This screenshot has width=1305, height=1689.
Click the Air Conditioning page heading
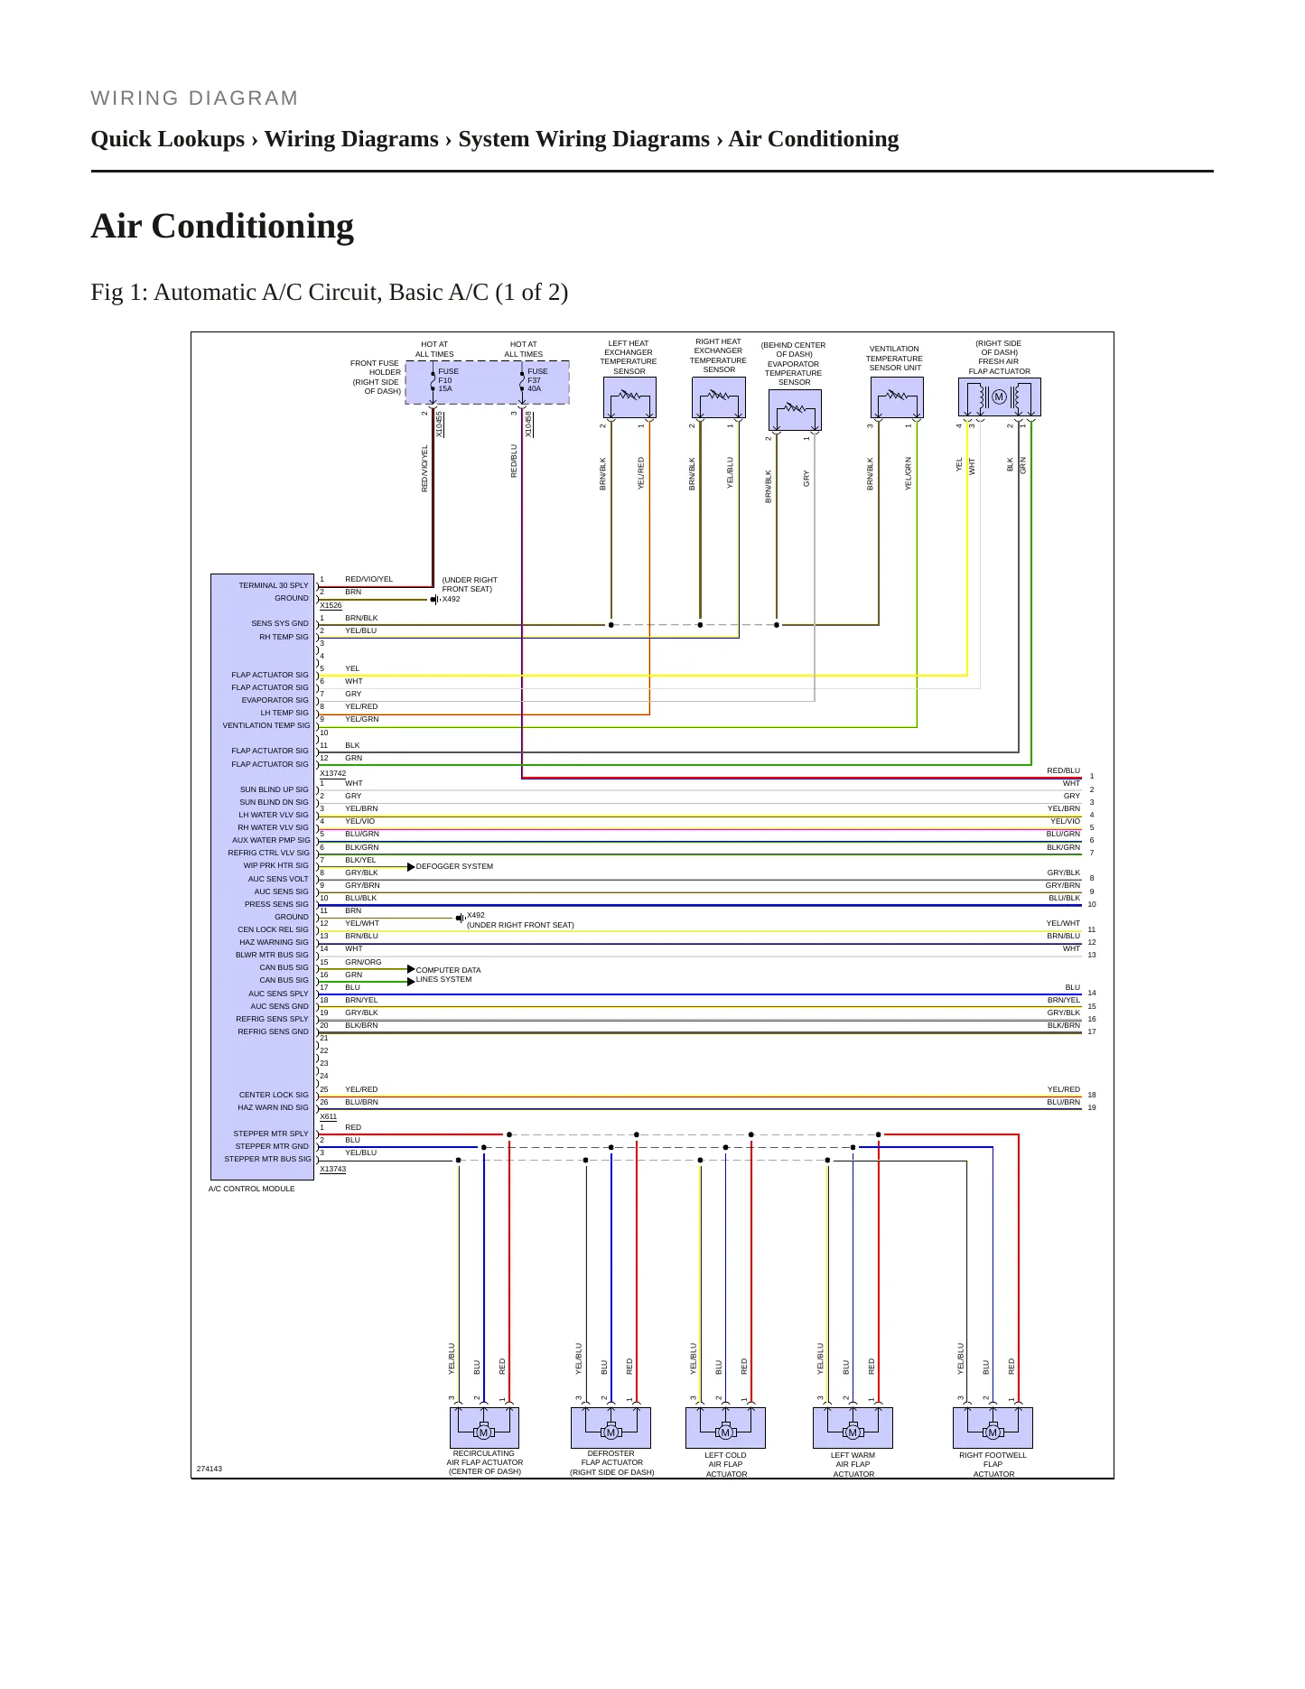click(222, 226)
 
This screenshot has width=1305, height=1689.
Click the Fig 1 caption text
click(330, 292)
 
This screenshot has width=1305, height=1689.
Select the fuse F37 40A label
click(537, 379)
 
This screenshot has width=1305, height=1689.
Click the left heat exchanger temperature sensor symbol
click(629, 397)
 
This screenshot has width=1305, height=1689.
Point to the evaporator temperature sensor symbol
click(795, 410)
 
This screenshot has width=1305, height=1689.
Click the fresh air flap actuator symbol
click(999, 397)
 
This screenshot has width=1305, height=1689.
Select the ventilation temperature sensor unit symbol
click(897, 397)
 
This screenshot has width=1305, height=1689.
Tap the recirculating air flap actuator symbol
click(484, 1427)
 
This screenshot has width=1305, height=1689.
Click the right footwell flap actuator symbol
click(993, 1427)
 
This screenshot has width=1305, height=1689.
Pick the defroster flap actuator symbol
click(611, 1427)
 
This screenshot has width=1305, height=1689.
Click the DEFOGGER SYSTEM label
click(454, 866)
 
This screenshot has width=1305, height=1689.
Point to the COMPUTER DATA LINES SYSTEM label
click(448, 975)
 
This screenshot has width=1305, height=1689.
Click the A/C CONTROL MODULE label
click(251, 1189)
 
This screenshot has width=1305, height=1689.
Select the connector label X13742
click(332, 773)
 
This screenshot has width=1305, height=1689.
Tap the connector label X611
click(328, 1116)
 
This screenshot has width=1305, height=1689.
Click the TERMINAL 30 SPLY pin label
click(274, 585)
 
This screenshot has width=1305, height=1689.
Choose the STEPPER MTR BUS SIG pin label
click(267, 1159)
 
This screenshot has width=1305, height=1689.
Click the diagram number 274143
click(210, 1469)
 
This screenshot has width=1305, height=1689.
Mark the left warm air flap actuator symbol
click(853, 1427)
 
